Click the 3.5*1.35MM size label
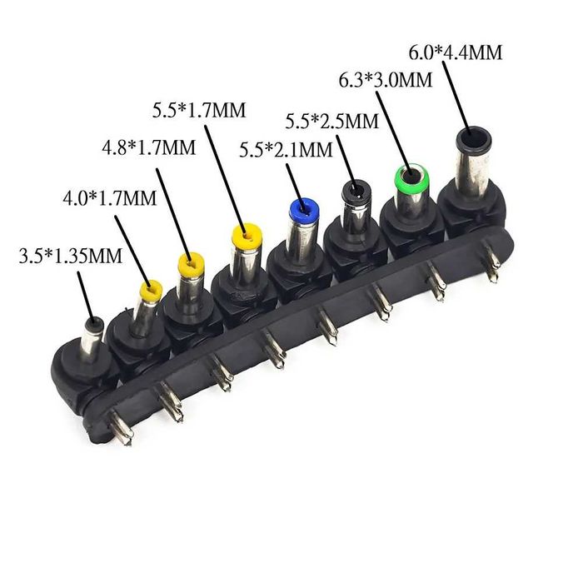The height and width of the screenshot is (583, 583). [x=71, y=256]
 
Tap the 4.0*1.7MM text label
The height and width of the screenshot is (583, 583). [x=110, y=198]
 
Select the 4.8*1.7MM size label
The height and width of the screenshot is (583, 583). [x=149, y=147]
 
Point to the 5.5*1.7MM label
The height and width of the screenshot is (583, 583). [x=199, y=110]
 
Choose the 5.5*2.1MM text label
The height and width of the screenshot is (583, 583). [x=286, y=150]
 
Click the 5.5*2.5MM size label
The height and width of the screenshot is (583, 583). [x=332, y=121]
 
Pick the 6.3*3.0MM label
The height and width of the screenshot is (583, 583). [x=386, y=80]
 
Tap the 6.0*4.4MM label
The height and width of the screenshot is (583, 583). [x=456, y=52]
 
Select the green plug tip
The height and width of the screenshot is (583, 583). [x=411, y=177]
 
